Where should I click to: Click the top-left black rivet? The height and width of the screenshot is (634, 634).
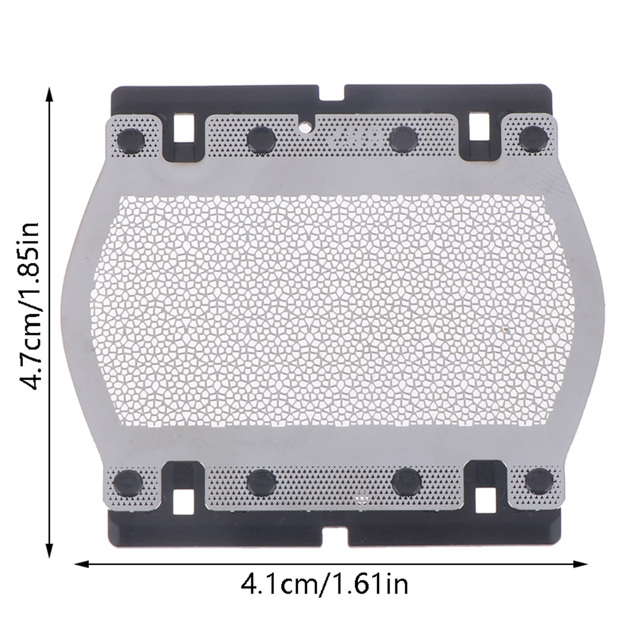(x=131, y=140)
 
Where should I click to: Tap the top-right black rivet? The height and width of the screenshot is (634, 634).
(x=533, y=139)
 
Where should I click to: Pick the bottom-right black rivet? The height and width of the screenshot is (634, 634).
(x=539, y=481)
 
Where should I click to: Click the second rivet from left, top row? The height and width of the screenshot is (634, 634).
(x=261, y=139)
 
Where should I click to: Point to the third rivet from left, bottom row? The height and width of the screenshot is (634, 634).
(x=407, y=482)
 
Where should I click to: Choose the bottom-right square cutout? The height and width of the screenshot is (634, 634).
(x=485, y=500)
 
